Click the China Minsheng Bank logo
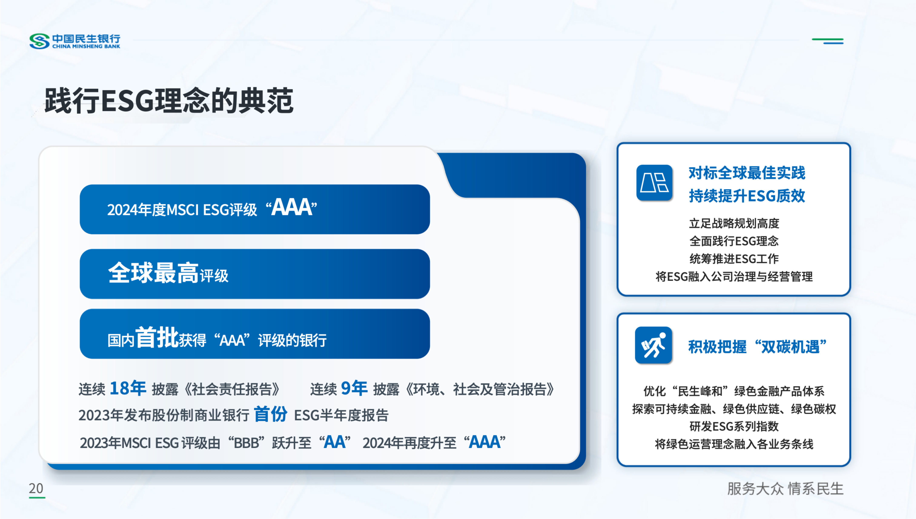[x=75, y=41]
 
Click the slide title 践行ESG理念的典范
[x=169, y=101]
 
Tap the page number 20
[x=36, y=488]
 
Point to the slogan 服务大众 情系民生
[x=785, y=489]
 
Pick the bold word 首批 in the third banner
[x=157, y=337]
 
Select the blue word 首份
[x=270, y=414]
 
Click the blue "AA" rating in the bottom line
[x=335, y=442]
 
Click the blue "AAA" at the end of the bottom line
[x=485, y=442]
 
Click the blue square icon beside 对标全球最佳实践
[x=654, y=183]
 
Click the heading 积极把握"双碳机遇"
[x=757, y=346]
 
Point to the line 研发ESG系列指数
[x=734, y=426]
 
